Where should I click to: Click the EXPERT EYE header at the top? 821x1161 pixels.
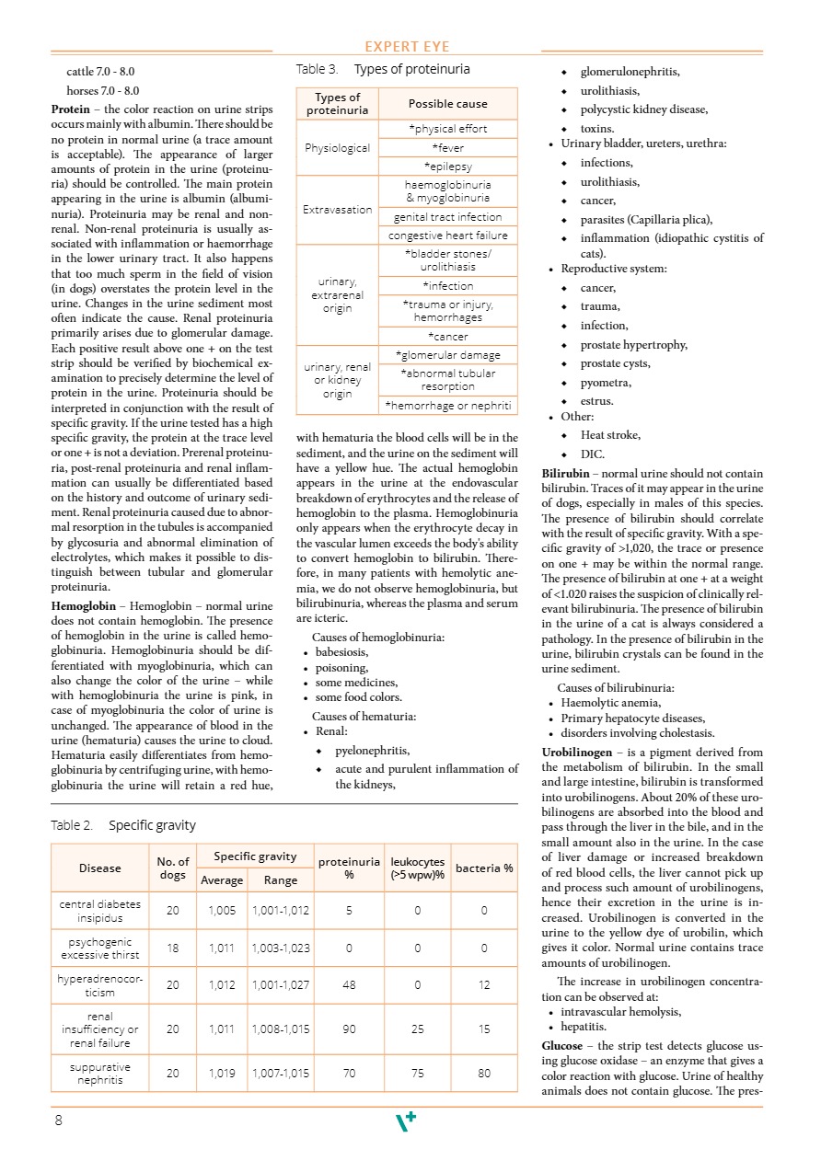(407, 48)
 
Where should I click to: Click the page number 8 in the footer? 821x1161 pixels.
(59, 1120)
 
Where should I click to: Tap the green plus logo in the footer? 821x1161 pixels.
(406, 1121)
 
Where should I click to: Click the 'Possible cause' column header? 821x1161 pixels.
(447, 104)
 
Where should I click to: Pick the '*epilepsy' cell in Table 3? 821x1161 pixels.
(447, 167)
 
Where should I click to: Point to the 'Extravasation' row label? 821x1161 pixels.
(337, 210)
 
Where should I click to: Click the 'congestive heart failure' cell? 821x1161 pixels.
(447, 236)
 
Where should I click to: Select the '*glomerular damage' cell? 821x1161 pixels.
(447, 355)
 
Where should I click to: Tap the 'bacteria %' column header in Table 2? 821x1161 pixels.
(484, 868)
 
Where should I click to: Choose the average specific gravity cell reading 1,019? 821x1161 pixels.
(222, 1073)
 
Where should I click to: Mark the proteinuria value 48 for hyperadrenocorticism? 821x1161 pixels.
(349, 984)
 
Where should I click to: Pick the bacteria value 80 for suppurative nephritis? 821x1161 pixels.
(484, 1073)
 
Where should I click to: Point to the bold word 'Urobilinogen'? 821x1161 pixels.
(577, 753)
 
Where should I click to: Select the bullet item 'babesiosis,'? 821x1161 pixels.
(343, 653)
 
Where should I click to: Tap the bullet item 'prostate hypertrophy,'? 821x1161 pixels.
(633, 345)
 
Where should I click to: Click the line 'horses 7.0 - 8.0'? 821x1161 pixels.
(103, 90)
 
